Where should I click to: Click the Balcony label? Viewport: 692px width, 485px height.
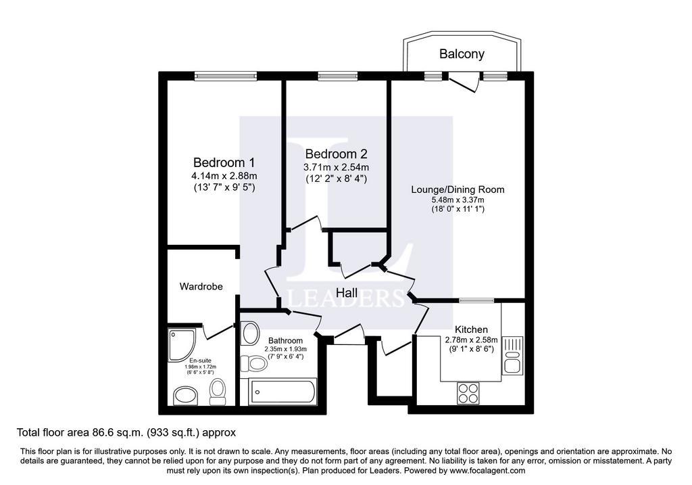click(x=462, y=54)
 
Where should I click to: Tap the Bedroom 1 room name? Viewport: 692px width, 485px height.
click(x=224, y=162)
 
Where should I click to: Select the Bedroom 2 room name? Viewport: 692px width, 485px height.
click(x=336, y=154)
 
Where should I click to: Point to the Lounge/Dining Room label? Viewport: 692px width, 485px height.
click(x=458, y=189)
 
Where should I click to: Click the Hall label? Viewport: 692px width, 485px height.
click(x=347, y=292)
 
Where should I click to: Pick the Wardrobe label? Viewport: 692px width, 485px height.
click(x=201, y=286)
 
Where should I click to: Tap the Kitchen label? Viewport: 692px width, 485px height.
click(x=471, y=329)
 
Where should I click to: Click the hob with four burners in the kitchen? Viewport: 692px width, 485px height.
click(x=468, y=393)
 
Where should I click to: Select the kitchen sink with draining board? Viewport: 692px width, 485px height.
click(x=512, y=356)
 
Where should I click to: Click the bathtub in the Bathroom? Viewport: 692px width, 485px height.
click(x=282, y=392)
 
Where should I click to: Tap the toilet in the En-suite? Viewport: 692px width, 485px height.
click(x=217, y=392)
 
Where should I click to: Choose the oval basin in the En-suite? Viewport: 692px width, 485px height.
click(x=186, y=395)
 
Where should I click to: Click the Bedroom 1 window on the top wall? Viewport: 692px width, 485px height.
click(x=226, y=76)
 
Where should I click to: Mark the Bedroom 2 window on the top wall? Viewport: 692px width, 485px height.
click(x=338, y=76)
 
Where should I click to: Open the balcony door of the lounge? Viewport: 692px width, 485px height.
click(x=463, y=82)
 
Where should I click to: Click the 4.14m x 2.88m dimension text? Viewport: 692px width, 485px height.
click(x=224, y=176)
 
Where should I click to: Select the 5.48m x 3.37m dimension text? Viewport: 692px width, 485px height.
click(x=458, y=200)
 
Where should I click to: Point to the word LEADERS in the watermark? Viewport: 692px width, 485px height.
click(x=346, y=298)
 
